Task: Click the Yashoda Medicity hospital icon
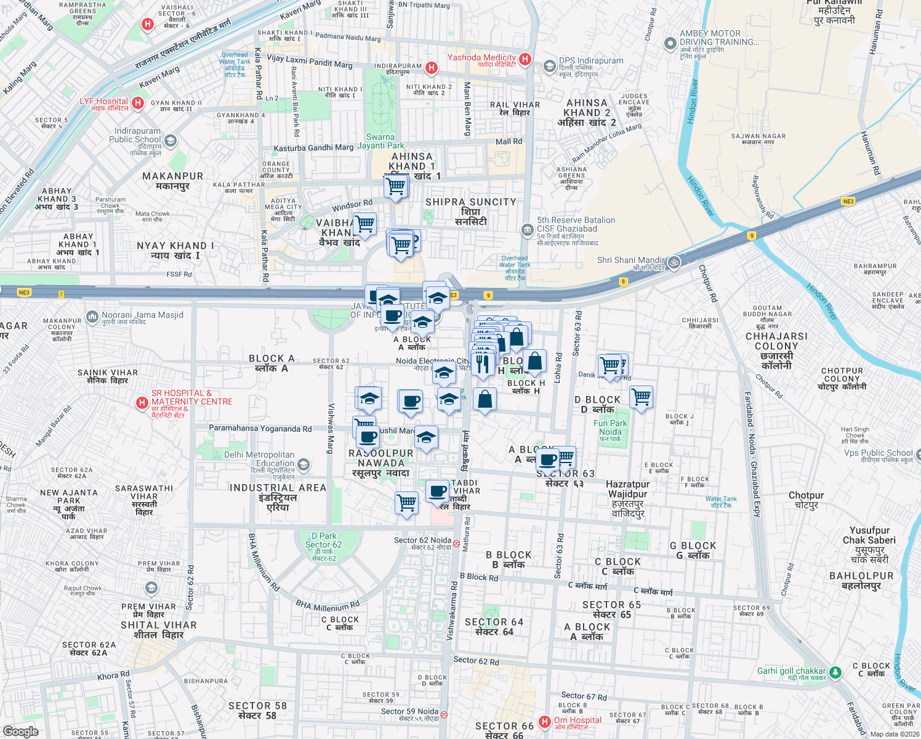[525, 59]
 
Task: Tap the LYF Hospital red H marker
[139, 103]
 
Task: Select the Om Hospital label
[577, 721]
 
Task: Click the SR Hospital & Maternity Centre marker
[142, 403]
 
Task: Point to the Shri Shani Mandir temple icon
[674, 261]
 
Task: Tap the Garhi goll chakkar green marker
[835, 672]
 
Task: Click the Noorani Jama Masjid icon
[92, 317]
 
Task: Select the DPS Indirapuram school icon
[549, 66]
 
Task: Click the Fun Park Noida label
[610, 427]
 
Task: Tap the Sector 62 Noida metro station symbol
[456, 543]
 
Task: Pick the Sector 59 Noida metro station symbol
[444, 714]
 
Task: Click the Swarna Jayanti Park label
[380, 142]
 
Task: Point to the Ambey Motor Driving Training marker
[670, 44]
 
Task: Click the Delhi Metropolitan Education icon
[303, 464]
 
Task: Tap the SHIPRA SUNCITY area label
[471, 202]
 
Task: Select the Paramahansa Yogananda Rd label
[260, 429]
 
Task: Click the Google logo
[21, 731]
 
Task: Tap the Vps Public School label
[878, 453]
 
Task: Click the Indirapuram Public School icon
[171, 141]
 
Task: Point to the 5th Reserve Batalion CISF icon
[527, 230]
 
